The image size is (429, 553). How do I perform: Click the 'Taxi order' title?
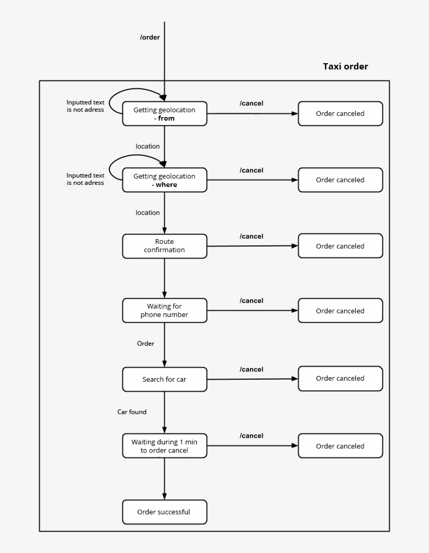(345, 66)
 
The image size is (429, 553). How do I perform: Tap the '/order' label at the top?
(150, 37)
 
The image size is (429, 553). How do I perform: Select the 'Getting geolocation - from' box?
(164, 114)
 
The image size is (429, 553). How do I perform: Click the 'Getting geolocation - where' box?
(164, 180)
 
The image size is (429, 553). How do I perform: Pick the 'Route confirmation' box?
(164, 246)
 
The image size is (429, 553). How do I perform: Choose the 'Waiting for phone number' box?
(164, 311)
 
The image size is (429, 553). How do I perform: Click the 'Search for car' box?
(164, 379)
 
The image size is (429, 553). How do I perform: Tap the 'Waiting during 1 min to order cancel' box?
(164, 446)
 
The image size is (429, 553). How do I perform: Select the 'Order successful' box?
(164, 512)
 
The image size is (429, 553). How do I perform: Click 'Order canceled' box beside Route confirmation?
(340, 246)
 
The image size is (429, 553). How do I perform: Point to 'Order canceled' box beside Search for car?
(340, 379)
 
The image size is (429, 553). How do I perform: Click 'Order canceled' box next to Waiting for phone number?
(340, 311)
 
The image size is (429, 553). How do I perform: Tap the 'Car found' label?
(132, 412)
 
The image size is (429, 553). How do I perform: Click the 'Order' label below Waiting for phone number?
(145, 344)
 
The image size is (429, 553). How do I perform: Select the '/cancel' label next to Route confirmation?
(252, 237)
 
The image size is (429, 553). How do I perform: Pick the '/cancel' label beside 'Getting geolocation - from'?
(252, 103)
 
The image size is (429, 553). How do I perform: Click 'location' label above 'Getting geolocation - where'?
(148, 147)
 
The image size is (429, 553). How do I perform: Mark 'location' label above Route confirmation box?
(148, 213)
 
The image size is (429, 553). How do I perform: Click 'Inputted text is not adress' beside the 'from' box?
(85, 106)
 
